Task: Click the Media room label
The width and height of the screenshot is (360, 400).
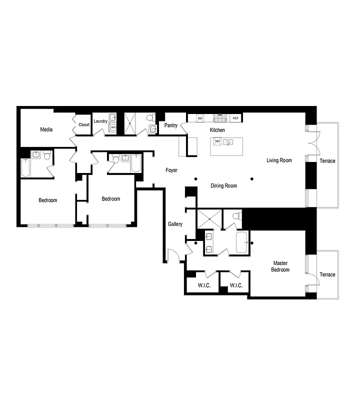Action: coord(46,129)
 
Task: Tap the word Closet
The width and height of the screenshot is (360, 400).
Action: coord(84,124)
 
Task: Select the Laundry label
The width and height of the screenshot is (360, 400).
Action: coord(100,121)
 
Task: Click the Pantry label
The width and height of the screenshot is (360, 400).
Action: coord(171,125)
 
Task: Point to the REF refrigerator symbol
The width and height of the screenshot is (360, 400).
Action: coord(235,118)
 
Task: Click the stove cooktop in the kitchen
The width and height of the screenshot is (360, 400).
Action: coord(220,118)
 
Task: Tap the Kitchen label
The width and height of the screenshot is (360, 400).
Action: coord(217,130)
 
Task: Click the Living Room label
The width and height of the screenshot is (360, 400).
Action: coord(278,160)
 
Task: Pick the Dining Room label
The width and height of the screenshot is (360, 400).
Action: coord(223,185)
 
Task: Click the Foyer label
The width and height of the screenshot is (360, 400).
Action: coord(171,170)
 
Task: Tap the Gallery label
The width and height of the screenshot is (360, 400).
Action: coord(175,224)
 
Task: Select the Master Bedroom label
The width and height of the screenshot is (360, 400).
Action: coord(280,266)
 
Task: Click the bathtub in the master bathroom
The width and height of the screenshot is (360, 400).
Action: coord(241,243)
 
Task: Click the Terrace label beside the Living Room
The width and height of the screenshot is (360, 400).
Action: coord(327,160)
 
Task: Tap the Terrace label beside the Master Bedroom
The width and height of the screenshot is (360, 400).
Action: coord(327,274)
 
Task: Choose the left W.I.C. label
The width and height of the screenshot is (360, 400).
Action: coord(203,285)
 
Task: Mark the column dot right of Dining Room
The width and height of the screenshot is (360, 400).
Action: coord(252,178)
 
